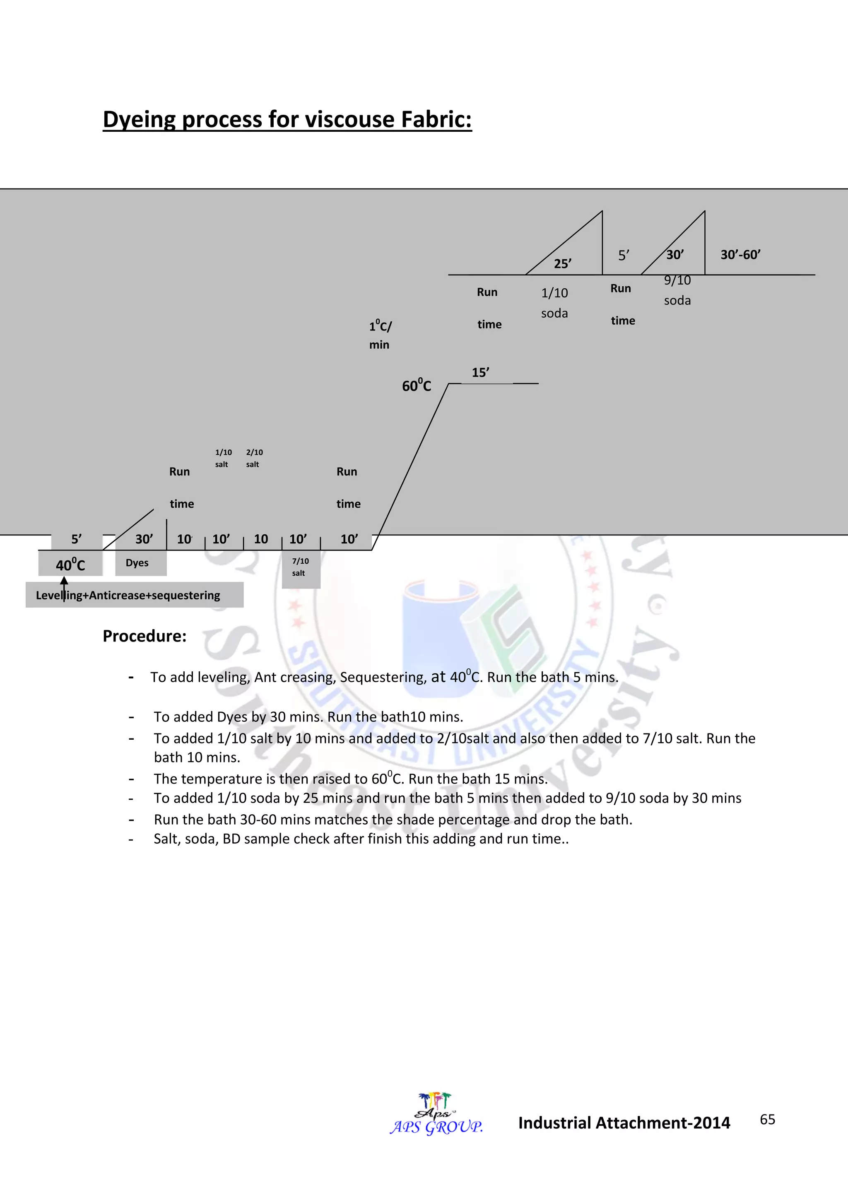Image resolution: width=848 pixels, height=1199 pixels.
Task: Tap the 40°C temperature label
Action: tap(70, 565)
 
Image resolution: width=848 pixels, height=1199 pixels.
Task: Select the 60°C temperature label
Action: tap(417, 386)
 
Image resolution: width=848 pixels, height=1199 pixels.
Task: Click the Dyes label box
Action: tap(137, 563)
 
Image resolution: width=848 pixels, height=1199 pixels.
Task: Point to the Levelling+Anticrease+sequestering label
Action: tap(128, 595)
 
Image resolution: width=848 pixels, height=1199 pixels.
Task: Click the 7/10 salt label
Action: tap(300, 567)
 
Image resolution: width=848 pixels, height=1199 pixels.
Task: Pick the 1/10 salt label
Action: tap(223, 458)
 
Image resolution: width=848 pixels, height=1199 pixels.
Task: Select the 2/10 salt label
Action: tap(254, 458)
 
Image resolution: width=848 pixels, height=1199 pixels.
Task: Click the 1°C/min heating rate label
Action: tap(380, 335)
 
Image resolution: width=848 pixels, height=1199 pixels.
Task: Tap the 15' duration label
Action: tap(480, 373)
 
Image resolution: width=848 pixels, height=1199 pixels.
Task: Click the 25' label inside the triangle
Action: tap(562, 264)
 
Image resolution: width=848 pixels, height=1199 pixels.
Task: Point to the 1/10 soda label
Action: tap(554, 303)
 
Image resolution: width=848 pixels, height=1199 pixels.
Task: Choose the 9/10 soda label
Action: tap(677, 290)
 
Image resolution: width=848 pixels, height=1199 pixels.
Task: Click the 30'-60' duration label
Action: tap(740, 255)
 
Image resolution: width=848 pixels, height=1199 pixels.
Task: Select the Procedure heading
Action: tap(145, 636)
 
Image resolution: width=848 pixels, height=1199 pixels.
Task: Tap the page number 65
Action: tap(767, 1119)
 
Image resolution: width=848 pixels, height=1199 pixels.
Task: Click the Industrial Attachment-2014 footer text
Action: tap(624, 1123)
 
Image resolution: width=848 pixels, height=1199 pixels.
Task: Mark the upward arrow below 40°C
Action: tap(64, 587)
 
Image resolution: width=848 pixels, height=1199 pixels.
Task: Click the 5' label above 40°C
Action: tap(76, 539)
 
